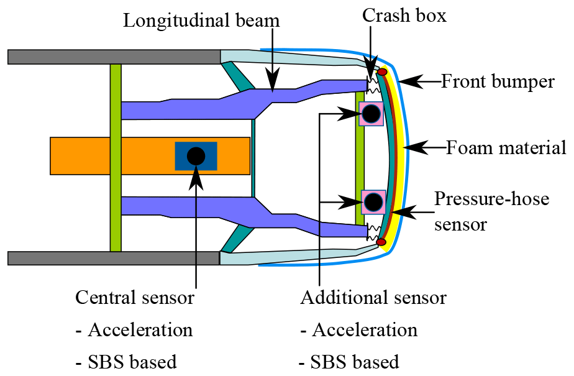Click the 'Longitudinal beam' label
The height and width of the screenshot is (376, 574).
(x=201, y=21)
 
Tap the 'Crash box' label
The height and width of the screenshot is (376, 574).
(x=404, y=16)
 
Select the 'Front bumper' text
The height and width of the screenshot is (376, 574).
(x=498, y=81)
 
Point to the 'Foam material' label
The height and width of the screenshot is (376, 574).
(x=506, y=148)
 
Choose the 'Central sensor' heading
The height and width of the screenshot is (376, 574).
(x=135, y=298)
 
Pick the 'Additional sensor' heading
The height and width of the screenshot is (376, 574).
(x=373, y=298)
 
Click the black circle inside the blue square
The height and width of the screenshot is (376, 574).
(x=196, y=156)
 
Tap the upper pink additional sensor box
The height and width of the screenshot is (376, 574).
(x=371, y=114)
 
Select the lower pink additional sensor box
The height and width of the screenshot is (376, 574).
(x=373, y=201)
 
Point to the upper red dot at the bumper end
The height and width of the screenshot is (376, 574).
(x=383, y=73)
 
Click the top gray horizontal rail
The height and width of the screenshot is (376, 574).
(x=114, y=57)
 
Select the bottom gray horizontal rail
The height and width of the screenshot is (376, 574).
(x=114, y=258)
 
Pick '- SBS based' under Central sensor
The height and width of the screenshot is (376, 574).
(x=126, y=361)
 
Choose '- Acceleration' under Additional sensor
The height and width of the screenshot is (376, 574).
(x=358, y=329)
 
